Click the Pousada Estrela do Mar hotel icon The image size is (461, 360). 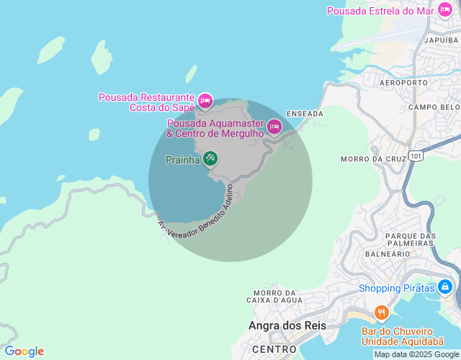(x=445, y=11)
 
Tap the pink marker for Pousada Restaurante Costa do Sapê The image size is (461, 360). (x=205, y=101)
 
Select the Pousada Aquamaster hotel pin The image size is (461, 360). (x=274, y=127)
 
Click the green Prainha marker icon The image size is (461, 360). (x=210, y=158)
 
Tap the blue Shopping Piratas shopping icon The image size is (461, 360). (x=445, y=287)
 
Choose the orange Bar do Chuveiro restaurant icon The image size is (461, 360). (x=381, y=312)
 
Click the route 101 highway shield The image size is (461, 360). (x=416, y=156)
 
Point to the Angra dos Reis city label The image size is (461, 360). (x=287, y=325)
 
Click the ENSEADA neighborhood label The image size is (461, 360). (x=305, y=114)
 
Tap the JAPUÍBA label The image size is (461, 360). (x=442, y=41)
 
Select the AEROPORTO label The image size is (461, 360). (x=403, y=83)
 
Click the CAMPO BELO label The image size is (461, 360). (x=433, y=107)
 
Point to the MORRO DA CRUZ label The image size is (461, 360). (x=365, y=159)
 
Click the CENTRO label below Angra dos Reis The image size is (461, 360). (x=269, y=349)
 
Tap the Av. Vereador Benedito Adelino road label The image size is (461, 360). (x=197, y=216)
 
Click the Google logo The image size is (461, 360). (x=24, y=351)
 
